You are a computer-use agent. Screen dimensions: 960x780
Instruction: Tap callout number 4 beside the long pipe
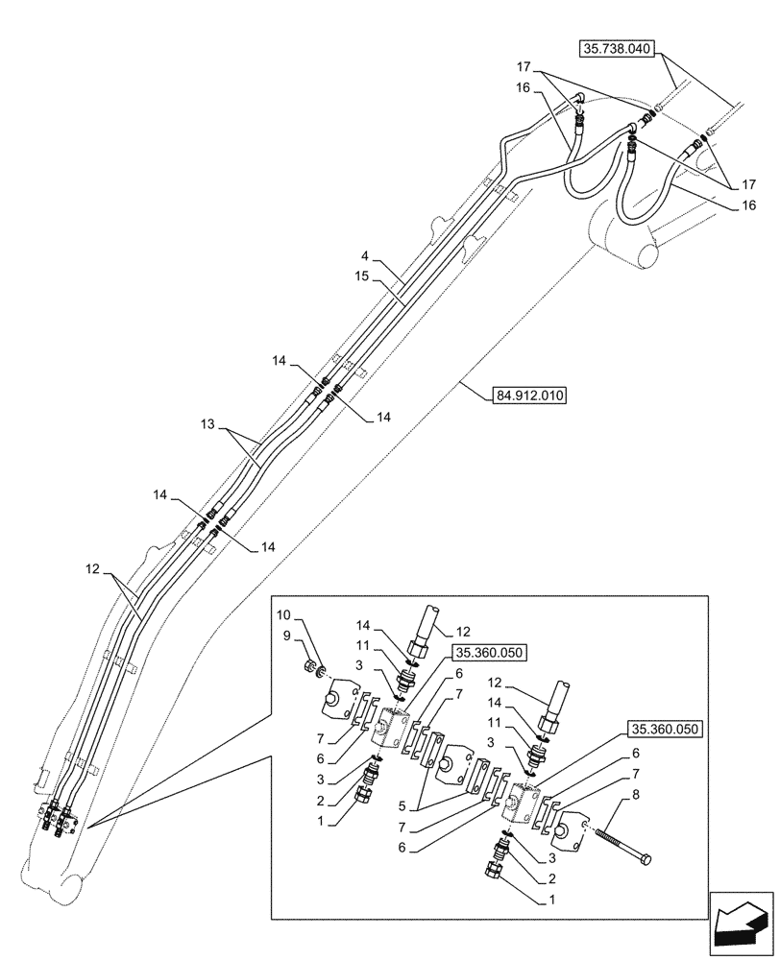[366, 259]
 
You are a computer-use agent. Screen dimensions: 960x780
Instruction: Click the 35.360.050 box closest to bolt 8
[666, 729]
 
